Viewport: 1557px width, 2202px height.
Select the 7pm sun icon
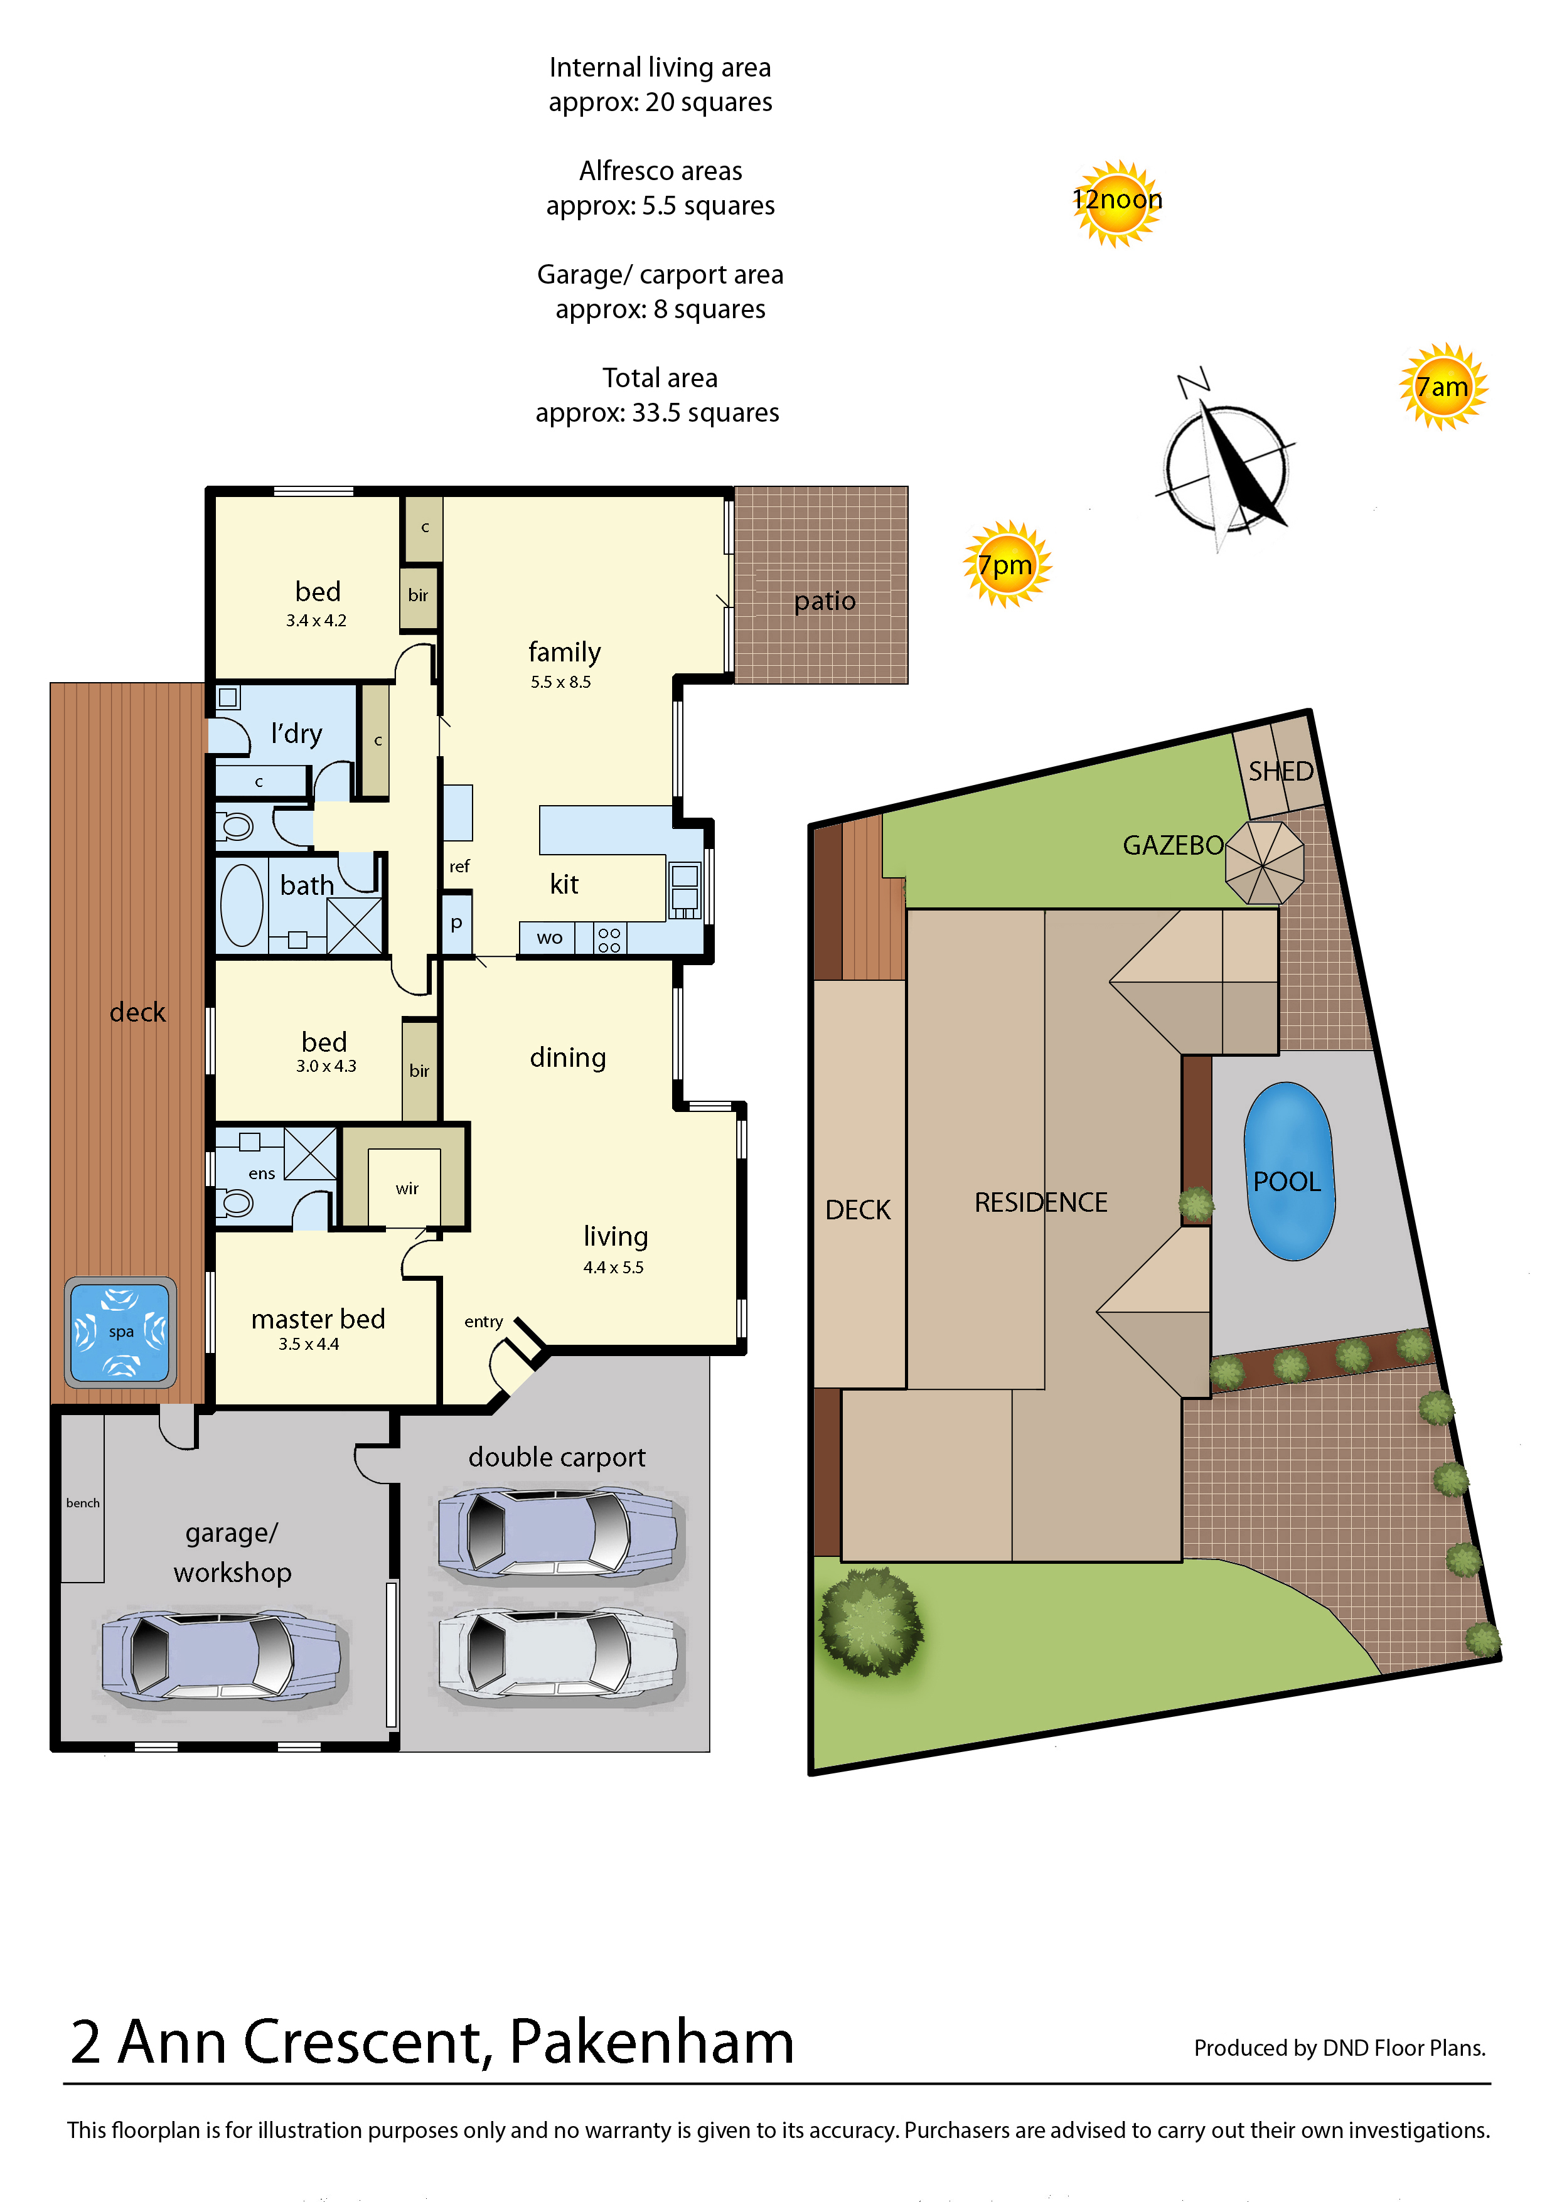(x=1007, y=565)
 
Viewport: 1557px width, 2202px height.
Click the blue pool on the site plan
(x=1288, y=1171)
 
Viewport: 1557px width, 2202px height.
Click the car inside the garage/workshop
(x=221, y=1655)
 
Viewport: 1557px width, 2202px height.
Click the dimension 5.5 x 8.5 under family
(x=560, y=682)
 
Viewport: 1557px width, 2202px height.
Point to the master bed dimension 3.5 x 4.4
(x=308, y=1344)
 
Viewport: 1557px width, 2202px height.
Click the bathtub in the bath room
(x=242, y=904)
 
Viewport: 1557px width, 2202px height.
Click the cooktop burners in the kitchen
(x=609, y=939)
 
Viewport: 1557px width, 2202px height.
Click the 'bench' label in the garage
(x=82, y=1503)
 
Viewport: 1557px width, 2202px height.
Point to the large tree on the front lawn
(x=871, y=1621)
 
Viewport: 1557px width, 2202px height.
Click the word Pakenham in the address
(x=651, y=2042)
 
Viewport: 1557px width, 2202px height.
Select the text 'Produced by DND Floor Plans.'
(x=1339, y=2048)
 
